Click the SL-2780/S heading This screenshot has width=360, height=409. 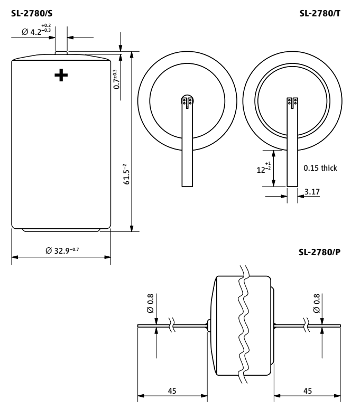coord(32,13)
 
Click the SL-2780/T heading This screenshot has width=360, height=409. coord(320,13)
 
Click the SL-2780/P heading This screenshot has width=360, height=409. coord(320,252)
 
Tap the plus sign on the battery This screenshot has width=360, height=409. coord(61,75)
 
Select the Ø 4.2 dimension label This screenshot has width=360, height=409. coord(36,30)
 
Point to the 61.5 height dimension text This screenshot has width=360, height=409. coord(126,174)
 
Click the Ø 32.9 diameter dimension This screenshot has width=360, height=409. coord(62,250)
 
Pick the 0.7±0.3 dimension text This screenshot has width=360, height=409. coord(117,79)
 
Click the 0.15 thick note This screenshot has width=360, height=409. coord(320,168)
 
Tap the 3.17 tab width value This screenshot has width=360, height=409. coord(312,192)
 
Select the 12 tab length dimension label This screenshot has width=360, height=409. coord(264,168)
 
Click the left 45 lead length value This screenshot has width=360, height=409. coord(172,391)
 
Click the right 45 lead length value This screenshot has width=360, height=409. coord(308,391)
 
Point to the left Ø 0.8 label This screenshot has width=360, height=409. coord(151,303)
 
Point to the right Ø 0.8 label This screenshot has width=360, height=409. coord(317,303)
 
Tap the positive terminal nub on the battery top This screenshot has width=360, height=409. coord(61,52)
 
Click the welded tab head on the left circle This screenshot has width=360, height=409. coord(187,101)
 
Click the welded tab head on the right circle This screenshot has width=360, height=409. coord(292,103)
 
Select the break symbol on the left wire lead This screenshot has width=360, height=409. coord(172,325)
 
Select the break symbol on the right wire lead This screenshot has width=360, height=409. coord(306,325)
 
